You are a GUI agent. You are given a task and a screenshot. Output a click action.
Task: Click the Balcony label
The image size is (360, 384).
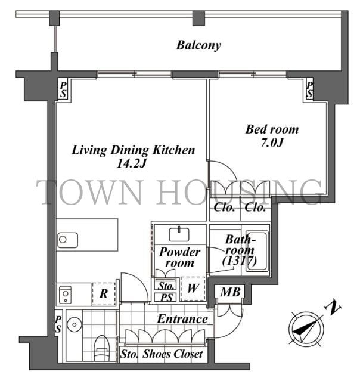pos(198,45)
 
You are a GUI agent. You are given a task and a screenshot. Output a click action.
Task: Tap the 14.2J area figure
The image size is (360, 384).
pos(132,163)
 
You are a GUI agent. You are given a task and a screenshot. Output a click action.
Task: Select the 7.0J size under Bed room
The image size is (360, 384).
pos(272,143)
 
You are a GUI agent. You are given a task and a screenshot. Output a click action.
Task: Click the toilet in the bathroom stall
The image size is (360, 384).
pos(101,348)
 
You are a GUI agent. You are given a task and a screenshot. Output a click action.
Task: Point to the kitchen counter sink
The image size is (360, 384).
pos(68,240)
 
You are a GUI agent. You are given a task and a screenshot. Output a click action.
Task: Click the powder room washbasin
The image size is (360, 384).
pos(179,234)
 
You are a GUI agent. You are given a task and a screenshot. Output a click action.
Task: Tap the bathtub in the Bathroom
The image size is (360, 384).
pos(256,251)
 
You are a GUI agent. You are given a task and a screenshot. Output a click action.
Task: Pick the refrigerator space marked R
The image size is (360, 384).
pos(104,294)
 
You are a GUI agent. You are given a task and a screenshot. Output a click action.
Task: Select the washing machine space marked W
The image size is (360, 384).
pos(193,289)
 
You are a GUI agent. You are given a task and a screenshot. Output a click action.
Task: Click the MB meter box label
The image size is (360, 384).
pos(230,292)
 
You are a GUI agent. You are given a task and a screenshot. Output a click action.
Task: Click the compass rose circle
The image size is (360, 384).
pos(306,329)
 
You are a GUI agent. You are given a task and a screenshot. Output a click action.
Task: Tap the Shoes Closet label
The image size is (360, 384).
pos(173,354)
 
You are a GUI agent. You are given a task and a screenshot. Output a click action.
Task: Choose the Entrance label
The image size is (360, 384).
pos(182,319)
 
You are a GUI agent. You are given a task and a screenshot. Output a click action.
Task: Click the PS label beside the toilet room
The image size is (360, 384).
pos(58,324)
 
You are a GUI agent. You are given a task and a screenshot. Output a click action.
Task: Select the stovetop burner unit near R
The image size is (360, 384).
pos(65,295)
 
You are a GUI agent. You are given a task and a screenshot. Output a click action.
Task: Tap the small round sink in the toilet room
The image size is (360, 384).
pos(75,325)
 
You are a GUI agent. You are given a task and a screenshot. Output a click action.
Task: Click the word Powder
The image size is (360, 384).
pos(179,252)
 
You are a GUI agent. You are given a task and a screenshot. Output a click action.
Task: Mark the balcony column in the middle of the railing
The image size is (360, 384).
pos(198,18)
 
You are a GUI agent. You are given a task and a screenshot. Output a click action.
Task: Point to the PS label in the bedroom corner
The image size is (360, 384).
pos(309,89)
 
